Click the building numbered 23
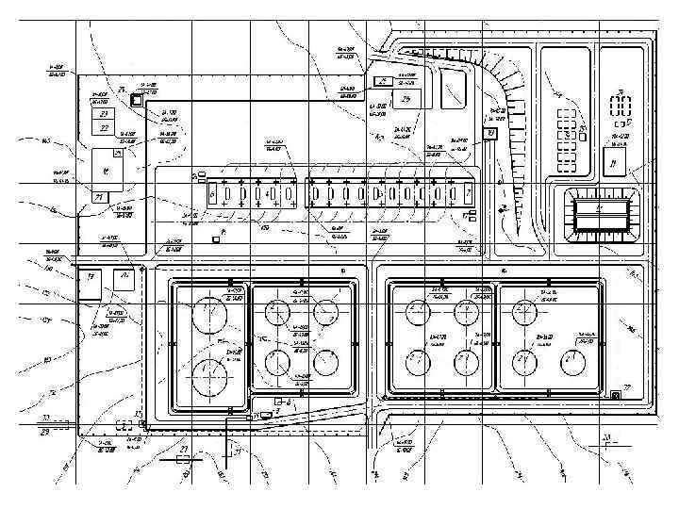point(103,113)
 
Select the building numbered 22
point(103,128)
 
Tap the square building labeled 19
point(91,282)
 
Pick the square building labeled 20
point(123,280)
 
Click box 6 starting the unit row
point(213,195)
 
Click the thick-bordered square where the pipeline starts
point(137,99)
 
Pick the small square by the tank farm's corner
point(615,394)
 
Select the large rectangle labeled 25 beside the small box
point(408,98)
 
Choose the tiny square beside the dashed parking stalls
point(586,137)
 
